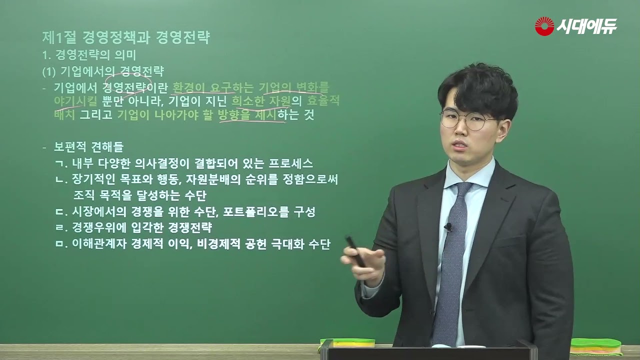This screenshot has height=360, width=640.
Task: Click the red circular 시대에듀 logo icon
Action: point(544,26)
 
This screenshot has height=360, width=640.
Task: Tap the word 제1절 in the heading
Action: point(59,37)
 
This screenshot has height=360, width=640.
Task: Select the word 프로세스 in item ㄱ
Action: point(290,163)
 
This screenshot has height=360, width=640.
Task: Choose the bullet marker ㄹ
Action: point(60,227)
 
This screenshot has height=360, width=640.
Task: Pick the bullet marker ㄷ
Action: point(60,212)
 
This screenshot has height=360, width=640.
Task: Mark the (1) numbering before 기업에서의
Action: point(49,72)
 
